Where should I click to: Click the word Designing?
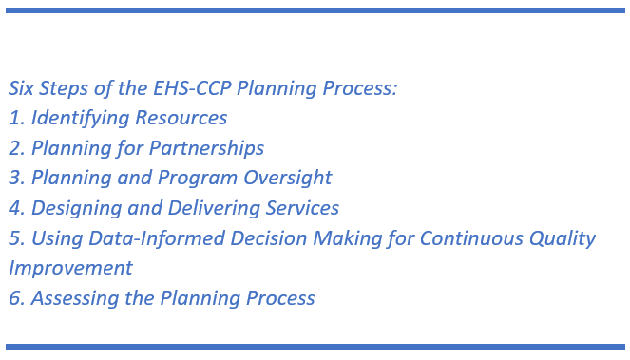(75, 208)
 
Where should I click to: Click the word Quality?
(564, 238)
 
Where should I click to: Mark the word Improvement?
(70, 268)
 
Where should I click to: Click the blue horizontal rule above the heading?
(315, 10)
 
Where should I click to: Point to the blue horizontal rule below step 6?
(315, 347)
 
